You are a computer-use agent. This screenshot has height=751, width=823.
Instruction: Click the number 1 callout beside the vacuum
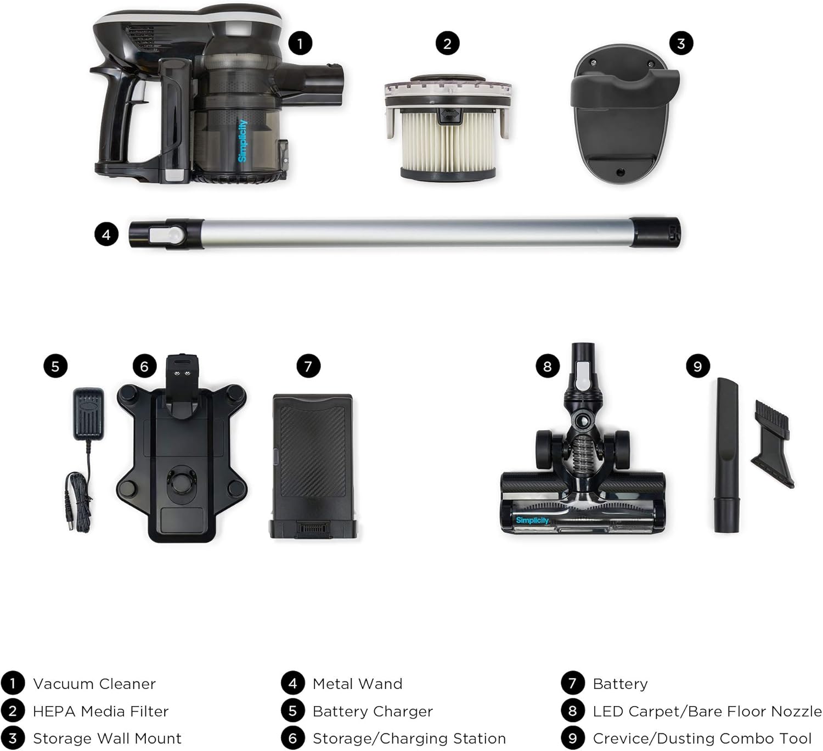tap(300, 43)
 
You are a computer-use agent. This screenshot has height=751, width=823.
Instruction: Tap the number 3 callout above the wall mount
tap(681, 43)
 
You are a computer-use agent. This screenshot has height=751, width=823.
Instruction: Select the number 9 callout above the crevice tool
tap(697, 366)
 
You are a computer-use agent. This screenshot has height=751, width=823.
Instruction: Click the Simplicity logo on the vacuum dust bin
tap(243, 140)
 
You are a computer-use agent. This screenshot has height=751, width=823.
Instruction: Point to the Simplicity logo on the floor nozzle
tap(532, 520)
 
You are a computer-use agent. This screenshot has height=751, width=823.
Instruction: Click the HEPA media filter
tap(448, 127)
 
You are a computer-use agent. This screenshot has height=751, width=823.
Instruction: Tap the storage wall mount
tap(624, 114)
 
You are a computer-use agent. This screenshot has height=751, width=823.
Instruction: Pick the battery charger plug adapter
tap(88, 414)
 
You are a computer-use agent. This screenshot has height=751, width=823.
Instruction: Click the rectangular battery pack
tap(313, 466)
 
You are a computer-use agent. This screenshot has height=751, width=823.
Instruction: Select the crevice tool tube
tap(726, 455)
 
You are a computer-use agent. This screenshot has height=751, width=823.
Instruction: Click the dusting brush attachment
tap(773, 443)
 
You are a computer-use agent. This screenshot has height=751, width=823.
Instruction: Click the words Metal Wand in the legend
tap(357, 684)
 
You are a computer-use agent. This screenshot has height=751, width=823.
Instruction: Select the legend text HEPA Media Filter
tap(100, 711)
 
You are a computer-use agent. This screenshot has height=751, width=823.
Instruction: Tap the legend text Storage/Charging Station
tap(409, 738)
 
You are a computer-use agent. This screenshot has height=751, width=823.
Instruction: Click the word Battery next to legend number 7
tap(620, 684)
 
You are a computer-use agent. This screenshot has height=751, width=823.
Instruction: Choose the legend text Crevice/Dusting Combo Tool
tap(702, 738)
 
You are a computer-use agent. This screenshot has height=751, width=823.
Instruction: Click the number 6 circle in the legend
tap(292, 738)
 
